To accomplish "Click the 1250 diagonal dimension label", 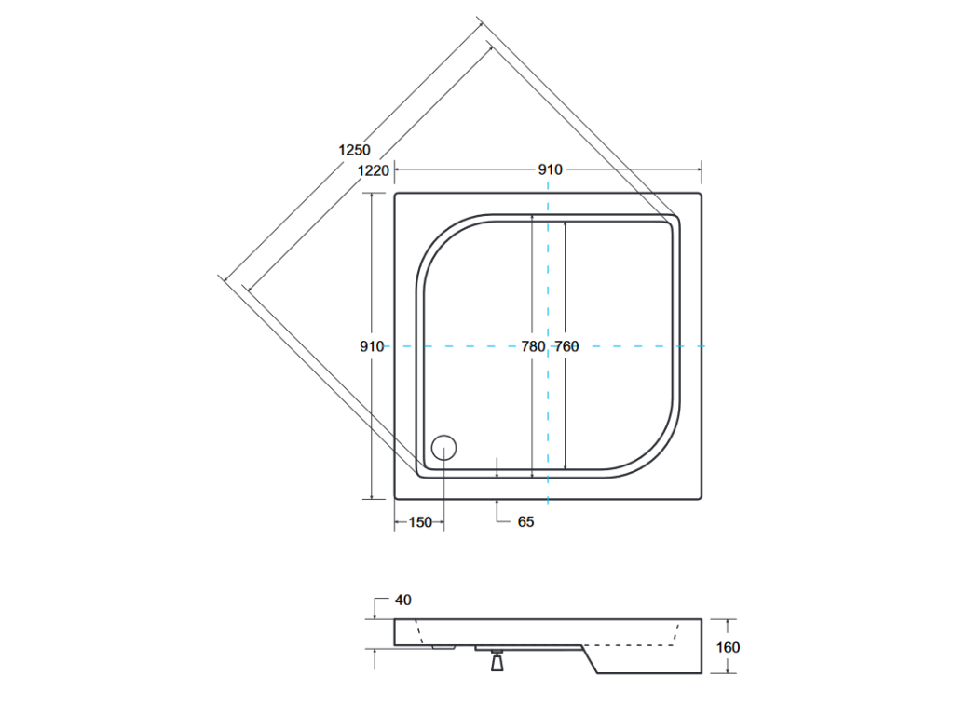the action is [x=354, y=150].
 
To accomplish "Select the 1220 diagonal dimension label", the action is [x=373, y=171].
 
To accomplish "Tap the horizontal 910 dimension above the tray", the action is [x=550, y=169].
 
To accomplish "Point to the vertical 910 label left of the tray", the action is [x=372, y=346].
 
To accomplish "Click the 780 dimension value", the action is [x=533, y=346].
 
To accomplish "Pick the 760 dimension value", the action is [x=566, y=346].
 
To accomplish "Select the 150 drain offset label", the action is [x=420, y=522].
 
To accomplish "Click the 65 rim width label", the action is [x=525, y=521].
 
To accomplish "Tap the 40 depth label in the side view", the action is [x=402, y=600].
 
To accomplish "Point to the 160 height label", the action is [x=728, y=648].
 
